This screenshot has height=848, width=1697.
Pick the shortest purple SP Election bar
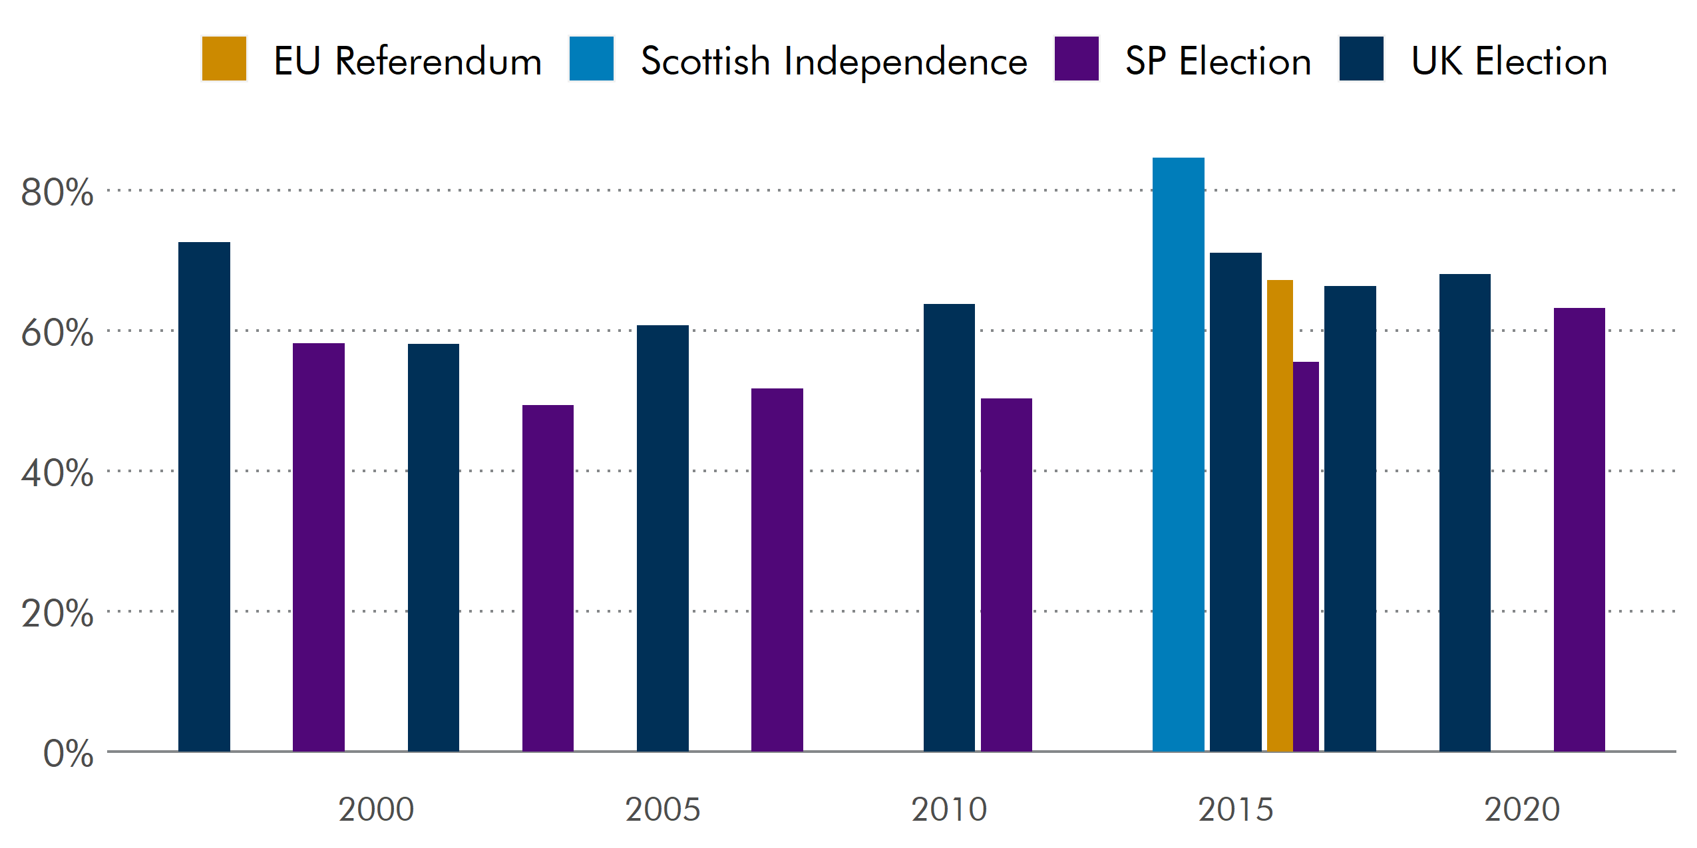click(x=548, y=578)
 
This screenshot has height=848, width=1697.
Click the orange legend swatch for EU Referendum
click(x=224, y=59)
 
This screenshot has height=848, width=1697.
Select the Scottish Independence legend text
click(x=833, y=61)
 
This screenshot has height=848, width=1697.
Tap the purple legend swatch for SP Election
click(x=1076, y=59)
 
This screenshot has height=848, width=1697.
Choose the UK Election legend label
click(x=1509, y=61)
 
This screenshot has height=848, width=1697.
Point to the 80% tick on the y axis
click(x=57, y=193)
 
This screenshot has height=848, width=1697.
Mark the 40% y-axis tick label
click(x=57, y=474)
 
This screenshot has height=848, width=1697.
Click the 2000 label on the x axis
click(x=376, y=809)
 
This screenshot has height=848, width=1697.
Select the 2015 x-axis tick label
click(x=1235, y=809)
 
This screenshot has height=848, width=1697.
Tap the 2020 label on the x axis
click(x=1522, y=809)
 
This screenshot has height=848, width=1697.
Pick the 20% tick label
click(x=57, y=614)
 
